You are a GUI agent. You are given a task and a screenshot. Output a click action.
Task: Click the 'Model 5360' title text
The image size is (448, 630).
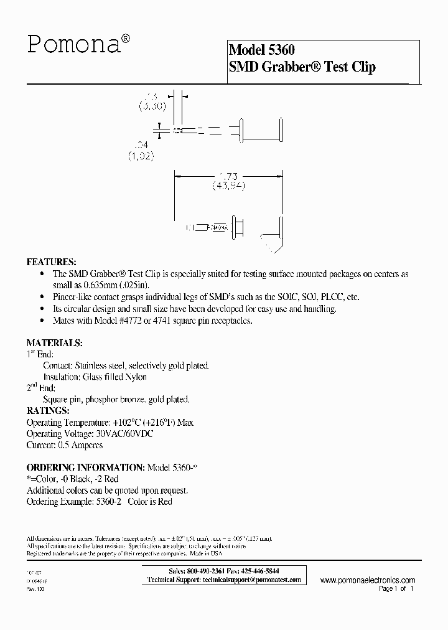pos(261,50)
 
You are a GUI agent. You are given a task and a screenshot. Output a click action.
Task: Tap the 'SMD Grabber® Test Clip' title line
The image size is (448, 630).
pos(302,67)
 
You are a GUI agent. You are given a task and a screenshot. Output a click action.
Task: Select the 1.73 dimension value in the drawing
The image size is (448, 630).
pos(228,176)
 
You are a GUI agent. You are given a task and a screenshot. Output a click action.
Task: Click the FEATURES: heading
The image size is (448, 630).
pos(51,261)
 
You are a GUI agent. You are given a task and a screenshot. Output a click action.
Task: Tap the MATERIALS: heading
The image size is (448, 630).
pos(54,343)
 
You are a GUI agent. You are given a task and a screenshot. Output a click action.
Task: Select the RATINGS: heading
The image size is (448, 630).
pos(48,411)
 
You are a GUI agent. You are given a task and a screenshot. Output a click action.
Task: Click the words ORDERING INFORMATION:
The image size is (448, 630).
pos(85,468)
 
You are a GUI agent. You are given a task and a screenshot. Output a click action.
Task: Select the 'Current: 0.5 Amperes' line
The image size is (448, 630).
pos(65,445)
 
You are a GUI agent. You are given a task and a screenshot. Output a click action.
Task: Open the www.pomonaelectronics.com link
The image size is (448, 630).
pos(368,580)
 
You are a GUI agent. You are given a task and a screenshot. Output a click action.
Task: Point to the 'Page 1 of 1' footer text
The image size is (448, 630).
pos(396,588)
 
